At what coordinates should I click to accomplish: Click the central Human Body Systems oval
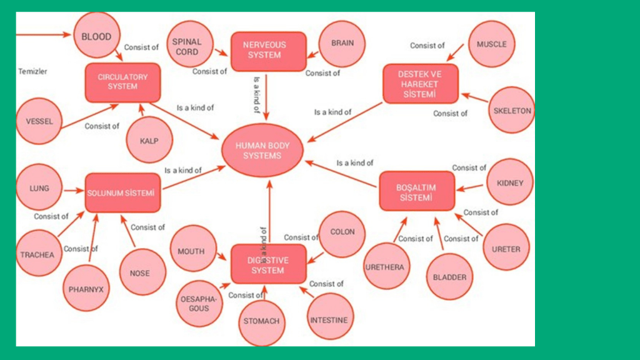262,151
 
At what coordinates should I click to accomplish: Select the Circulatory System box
122,82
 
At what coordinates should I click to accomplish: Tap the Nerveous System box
268,51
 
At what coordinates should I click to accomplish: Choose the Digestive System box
268,264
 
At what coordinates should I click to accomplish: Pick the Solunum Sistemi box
122,192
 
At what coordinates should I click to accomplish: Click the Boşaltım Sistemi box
416,191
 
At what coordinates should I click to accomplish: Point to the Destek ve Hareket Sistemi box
420,83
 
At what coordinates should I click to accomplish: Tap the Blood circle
96,36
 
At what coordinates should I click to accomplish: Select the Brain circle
342,44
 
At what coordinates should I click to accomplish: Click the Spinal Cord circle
187,46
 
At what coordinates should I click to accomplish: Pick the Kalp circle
149,140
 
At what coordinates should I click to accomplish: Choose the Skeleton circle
512,111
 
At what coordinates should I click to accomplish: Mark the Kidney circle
510,182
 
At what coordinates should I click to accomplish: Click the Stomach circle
261,321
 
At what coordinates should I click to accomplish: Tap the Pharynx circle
86,289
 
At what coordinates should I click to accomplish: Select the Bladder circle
449,277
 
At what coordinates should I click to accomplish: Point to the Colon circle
342,232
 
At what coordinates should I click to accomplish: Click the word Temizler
32,71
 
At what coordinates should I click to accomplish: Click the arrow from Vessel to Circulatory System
87,114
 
